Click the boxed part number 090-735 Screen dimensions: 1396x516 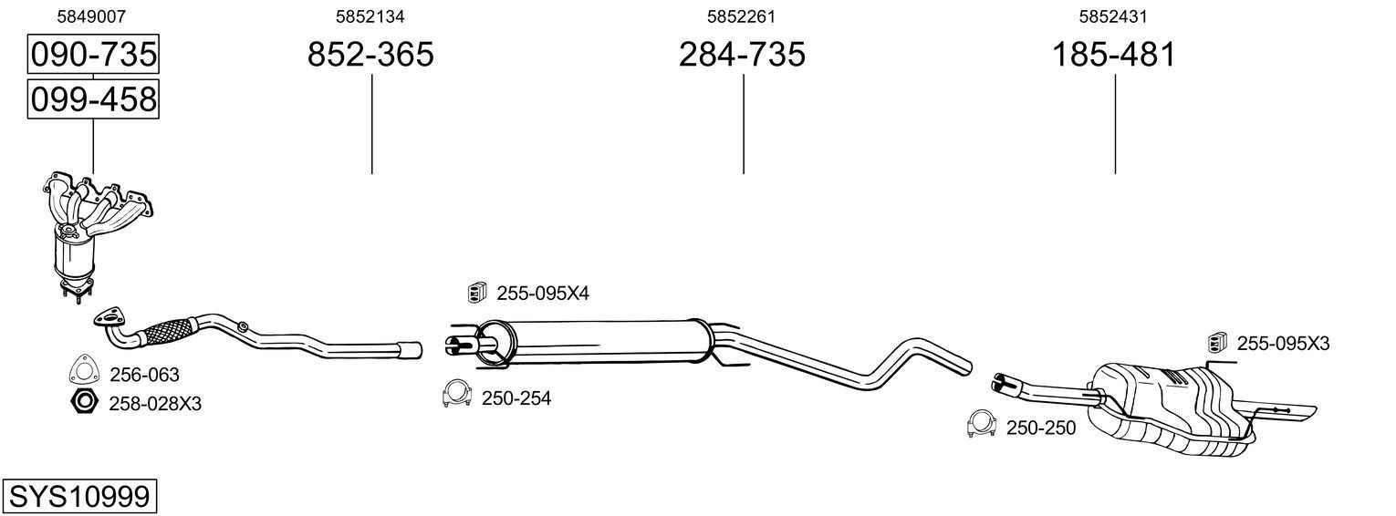pos(93,54)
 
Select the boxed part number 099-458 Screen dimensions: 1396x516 pos(93,99)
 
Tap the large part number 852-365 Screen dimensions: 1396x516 pos(370,54)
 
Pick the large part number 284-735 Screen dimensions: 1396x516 pos(742,54)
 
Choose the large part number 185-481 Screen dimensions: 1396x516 pos(1114,54)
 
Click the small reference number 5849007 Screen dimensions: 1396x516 pos(91,16)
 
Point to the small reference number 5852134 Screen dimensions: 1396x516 pos(370,16)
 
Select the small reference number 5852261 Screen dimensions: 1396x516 pos(741,16)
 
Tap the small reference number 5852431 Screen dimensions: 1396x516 pos(1113,16)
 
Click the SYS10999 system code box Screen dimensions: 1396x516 pos(79,497)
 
